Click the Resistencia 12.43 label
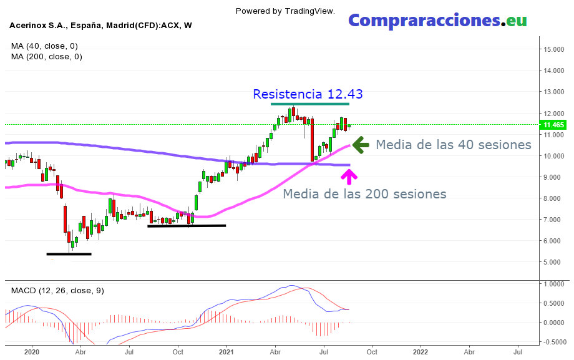[x=308, y=94]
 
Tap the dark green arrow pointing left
[x=361, y=145]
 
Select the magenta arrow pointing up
[x=349, y=177]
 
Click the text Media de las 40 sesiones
[x=453, y=145]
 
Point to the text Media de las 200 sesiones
[x=364, y=194]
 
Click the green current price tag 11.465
[x=554, y=125]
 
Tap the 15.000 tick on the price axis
[x=554, y=49]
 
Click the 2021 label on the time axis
[x=226, y=352]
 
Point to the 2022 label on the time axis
[x=420, y=352]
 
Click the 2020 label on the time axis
[x=32, y=352]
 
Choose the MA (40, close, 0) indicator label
[x=44, y=46]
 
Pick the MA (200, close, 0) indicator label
[x=46, y=57]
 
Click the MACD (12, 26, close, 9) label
[x=57, y=291]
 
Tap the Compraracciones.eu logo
[x=437, y=20]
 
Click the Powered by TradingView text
[x=285, y=11]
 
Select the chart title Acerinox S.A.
[x=100, y=26]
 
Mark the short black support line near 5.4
[x=69, y=254]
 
